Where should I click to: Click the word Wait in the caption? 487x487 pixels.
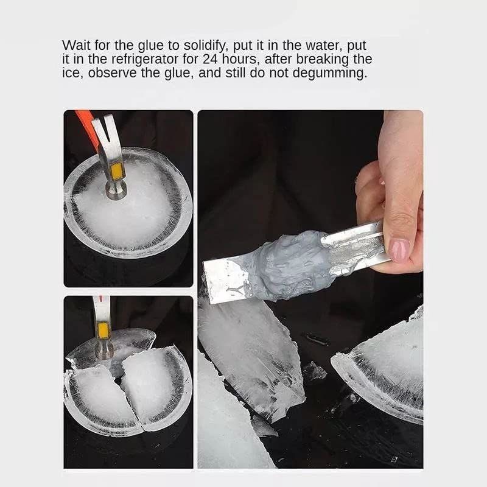click(75, 46)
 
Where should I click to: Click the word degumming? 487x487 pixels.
click(335, 74)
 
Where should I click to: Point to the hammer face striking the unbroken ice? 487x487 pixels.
click(115, 192)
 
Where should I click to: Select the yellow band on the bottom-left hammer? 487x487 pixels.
click(104, 331)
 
